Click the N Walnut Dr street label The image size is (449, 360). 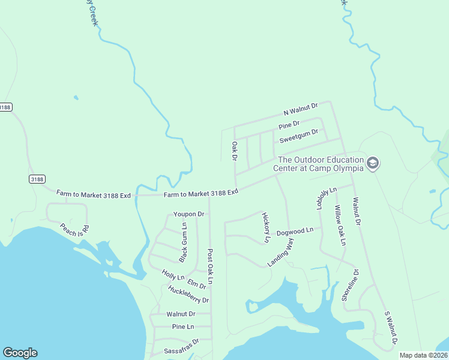(301, 109)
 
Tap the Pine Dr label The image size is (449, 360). (289, 126)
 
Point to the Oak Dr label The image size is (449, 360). (235, 151)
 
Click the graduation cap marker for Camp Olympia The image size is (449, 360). (373, 163)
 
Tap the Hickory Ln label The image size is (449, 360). (266, 227)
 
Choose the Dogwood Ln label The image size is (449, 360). (295, 231)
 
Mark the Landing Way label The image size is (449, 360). (280, 253)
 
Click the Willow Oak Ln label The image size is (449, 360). (340, 225)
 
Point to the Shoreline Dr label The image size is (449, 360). (350, 284)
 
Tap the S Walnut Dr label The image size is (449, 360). (391, 328)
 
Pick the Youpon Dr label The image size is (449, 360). (188, 214)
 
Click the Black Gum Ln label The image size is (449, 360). (183, 242)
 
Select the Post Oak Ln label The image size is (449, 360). (210, 266)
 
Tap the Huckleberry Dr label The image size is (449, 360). (188, 295)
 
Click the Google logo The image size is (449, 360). (20, 353)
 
